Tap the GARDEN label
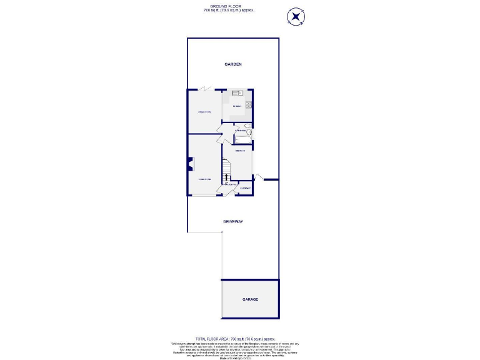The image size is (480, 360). pyautogui.click(x=233, y=64)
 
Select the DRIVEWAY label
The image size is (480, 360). pyautogui.click(x=233, y=222)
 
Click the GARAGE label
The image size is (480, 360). pyautogui.click(x=250, y=299)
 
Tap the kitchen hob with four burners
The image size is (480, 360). pyautogui.click(x=248, y=105)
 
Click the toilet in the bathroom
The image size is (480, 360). pyautogui.click(x=247, y=127)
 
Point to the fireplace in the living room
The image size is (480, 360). pyautogui.click(x=190, y=164)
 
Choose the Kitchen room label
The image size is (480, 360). pyautogui.click(x=237, y=107)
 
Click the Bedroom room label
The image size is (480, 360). pyautogui.click(x=239, y=151)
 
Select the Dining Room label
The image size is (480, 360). pyautogui.click(x=205, y=112)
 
